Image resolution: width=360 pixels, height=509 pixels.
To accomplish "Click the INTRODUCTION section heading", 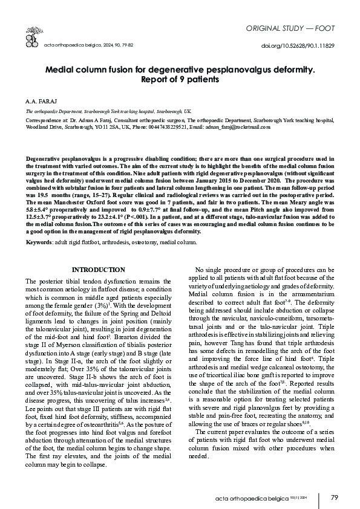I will click(98, 269).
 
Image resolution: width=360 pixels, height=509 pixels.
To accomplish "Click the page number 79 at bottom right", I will click(334, 498).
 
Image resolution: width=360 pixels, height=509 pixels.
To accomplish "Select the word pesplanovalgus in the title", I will click(235, 70).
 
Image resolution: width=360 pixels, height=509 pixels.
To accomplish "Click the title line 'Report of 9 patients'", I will click(180, 79).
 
